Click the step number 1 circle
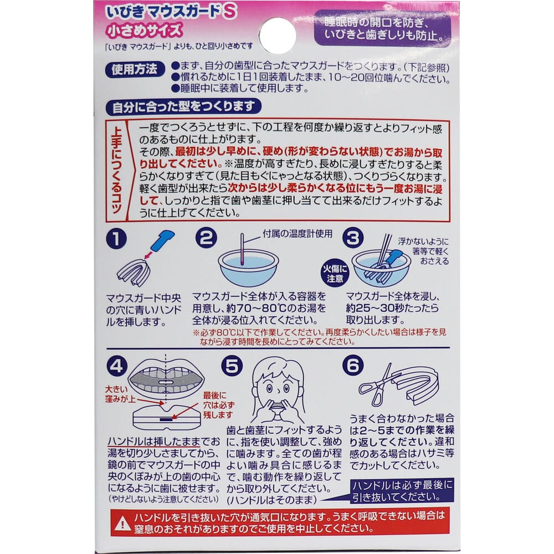117,239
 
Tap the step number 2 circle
206,239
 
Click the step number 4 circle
119,366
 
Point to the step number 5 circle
231,366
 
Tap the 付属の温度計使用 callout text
297,234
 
